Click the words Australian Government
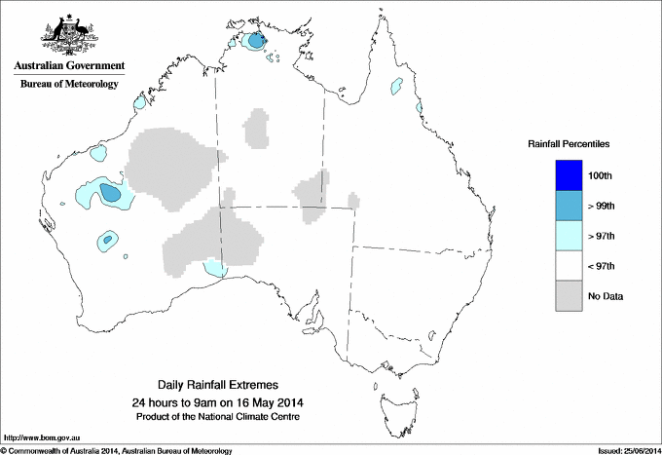point(68,66)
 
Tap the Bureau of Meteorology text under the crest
point(68,84)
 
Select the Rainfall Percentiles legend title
point(569,143)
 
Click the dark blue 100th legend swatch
point(570,174)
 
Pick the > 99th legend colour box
point(570,206)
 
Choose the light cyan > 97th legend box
point(570,236)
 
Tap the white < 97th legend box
point(570,266)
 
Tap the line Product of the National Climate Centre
point(217,416)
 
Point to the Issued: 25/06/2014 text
point(626,450)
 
